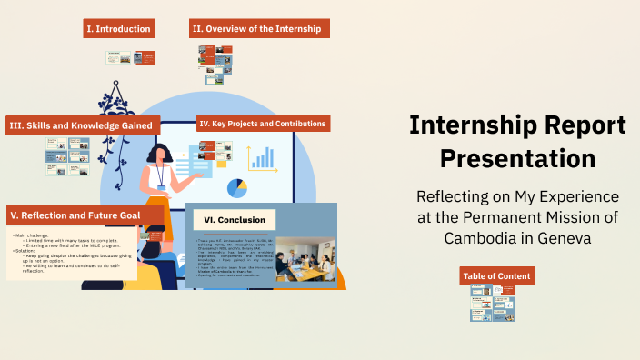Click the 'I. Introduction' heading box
coord(118,29)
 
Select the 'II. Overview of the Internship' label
coord(259,29)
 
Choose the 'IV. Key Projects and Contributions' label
coord(262,123)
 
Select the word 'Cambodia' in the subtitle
coord(480,237)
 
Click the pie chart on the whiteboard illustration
coord(237,188)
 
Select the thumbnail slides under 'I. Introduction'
coord(130,57)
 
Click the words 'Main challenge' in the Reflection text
coord(33,235)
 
